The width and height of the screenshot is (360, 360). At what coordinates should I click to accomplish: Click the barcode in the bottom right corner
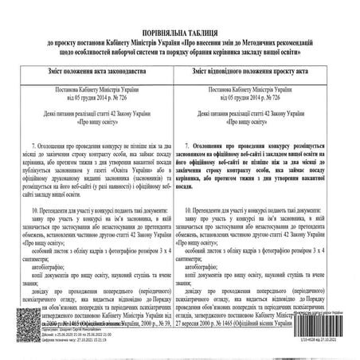[330, 324]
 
